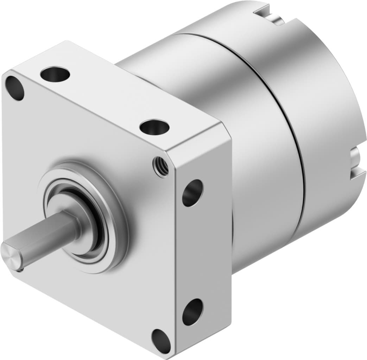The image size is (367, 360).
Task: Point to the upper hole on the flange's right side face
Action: pos(192,193)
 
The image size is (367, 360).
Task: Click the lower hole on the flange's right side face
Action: pos(192,311)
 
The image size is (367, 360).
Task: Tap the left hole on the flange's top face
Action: pos(55,74)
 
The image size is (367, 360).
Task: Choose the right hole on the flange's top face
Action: pos(154,127)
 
